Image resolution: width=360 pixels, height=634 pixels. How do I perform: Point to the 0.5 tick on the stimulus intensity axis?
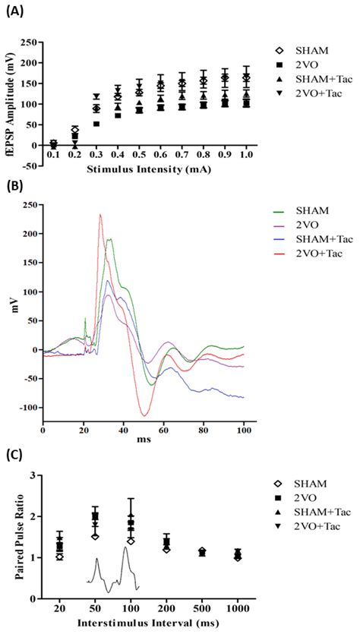pos(139,154)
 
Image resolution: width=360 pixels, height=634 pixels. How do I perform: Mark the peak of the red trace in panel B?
pos(99,215)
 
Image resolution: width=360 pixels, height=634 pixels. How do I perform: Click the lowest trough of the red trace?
pos(143,415)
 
